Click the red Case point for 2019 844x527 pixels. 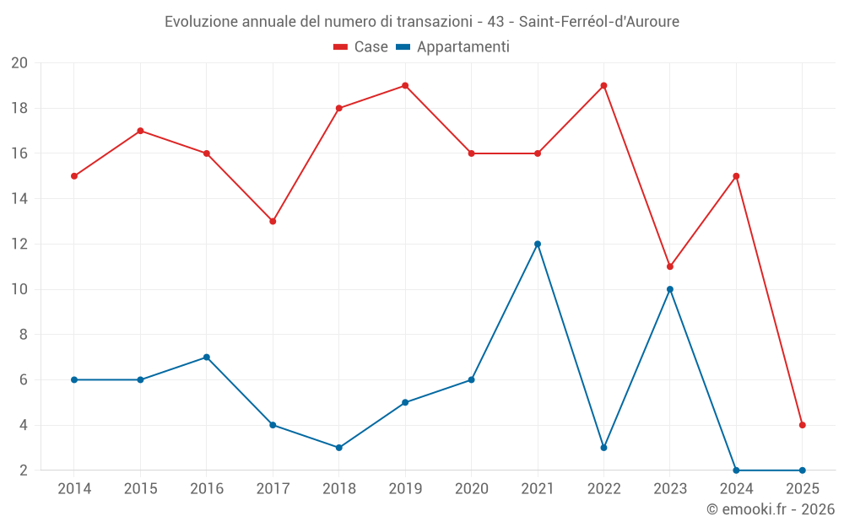pos(405,85)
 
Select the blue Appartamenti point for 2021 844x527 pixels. pos(538,244)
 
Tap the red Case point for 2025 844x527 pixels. pos(803,425)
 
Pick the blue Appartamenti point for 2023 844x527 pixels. pos(670,289)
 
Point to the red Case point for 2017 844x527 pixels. pos(273,221)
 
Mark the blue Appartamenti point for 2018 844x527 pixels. pos(338,448)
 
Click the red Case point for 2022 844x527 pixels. pos(603,85)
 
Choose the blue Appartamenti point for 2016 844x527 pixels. pos(206,357)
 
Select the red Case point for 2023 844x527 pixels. pos(670,266)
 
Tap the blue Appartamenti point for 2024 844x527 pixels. pos(736,471)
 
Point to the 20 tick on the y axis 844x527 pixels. pos(19,63)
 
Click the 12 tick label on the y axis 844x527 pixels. pos(19,244)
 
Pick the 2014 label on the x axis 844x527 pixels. pos(74,489)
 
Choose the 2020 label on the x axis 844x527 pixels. pos(472,489)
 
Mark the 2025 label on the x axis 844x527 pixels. pos(803,489)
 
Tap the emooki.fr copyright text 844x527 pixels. pos(771,509)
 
